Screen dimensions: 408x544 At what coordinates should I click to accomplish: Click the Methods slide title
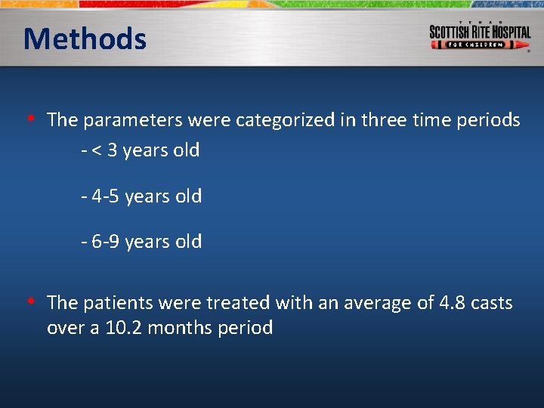pyautogui.click(x=85, y=39)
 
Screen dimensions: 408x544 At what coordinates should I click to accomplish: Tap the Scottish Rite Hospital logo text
pyautogui.click(x=480, y=32)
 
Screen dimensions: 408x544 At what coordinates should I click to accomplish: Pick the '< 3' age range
pyautogui.click(x=104, y=150)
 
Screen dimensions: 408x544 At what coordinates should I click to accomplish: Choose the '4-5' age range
pyautogui.click(x=106, y=196)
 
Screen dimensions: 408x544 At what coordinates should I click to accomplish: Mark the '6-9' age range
pyautogui.click(x=106, y=242)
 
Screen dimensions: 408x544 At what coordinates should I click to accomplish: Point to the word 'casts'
pyautogui.click(x=491, y=303)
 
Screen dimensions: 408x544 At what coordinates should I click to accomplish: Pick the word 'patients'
pyautogui.click(x=114, y=303)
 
